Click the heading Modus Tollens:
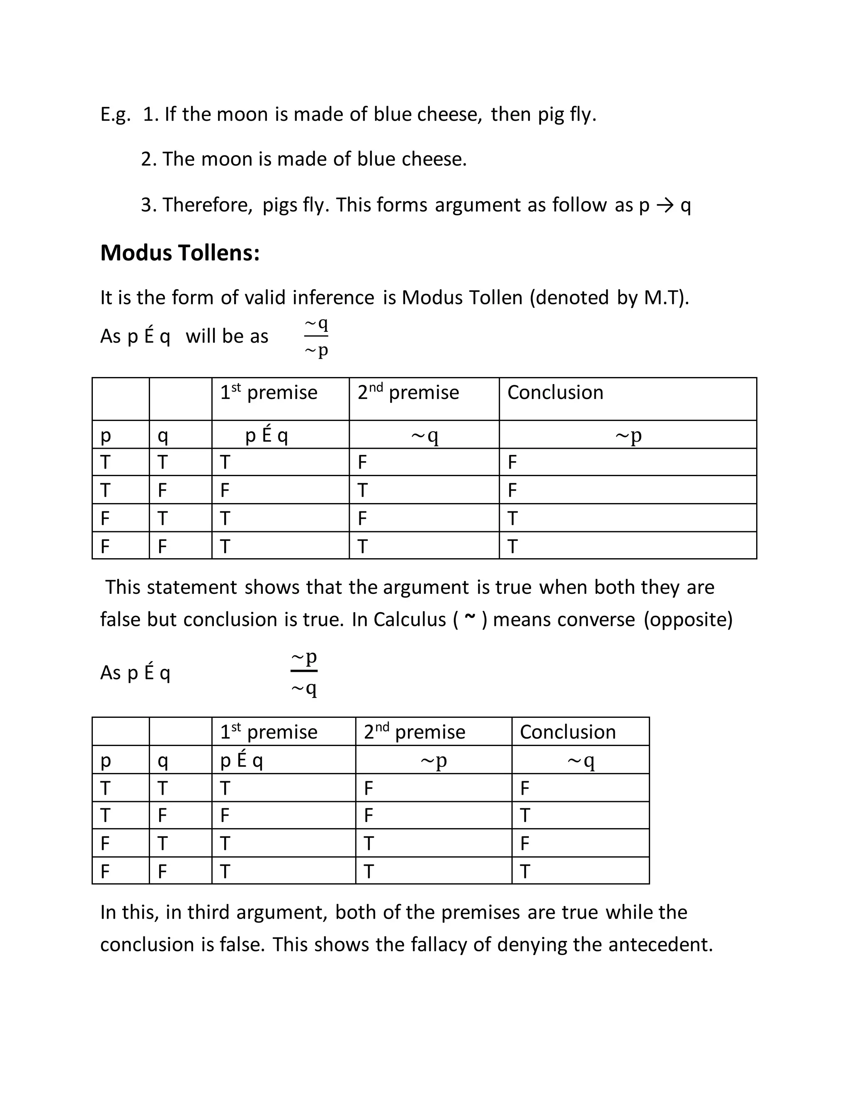(180, 253)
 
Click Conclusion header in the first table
(555, 392)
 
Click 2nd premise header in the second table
(415, 732)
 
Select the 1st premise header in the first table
(269, 392)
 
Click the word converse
(563, 620)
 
